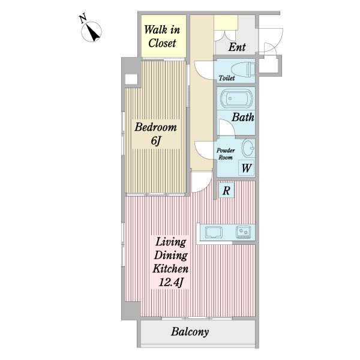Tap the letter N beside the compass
[x=83, y=19]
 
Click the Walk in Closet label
[x=162, y=36]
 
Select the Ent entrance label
[x=237, y=47]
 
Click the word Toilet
[x=227, y=78]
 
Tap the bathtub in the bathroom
[x=236, y=98]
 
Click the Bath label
[x=243, y=118]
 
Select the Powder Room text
[x=226, y=154]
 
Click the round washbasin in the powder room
[x=248, y=148]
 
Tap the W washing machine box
[x=247, y=168]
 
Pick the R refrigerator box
[x=226, y=190]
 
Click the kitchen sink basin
[x=214, y=232]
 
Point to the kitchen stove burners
[x=244, y=232]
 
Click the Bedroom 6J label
[x=155, y=134]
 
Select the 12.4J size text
[x=171, y=282]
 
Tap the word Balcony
[x=190, y=332]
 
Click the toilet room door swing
[x=203, y=70]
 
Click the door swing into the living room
[x=202, y=182]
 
